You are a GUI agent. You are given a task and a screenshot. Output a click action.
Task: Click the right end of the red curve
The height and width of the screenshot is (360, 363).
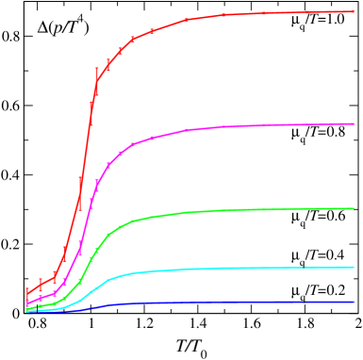pos(354,11)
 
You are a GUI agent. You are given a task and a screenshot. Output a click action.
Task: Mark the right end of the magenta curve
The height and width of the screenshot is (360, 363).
pos(354,123)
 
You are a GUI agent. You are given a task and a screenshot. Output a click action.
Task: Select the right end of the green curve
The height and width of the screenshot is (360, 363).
pos(354,208)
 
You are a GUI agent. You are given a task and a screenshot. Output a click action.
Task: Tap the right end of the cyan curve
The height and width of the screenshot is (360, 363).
pos(354,267)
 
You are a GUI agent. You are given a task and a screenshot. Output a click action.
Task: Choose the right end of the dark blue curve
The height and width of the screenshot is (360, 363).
pos(354,302)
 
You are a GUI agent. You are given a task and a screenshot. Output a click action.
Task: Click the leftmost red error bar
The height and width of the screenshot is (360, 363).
pos(27,292)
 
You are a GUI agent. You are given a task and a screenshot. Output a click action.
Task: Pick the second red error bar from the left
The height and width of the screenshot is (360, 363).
pos(41,283)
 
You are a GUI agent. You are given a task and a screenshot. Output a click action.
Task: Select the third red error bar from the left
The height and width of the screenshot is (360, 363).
pos(55,276)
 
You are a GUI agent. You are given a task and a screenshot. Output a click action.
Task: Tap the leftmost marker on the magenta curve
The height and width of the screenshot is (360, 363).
pos(27,303)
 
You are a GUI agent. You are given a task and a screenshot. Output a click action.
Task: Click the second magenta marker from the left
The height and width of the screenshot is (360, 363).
pos(41,297)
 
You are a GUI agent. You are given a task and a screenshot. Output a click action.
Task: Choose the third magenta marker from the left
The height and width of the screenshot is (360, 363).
pos(55,293)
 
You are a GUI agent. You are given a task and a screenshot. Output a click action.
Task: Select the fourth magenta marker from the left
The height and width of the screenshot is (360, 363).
pos(65,280)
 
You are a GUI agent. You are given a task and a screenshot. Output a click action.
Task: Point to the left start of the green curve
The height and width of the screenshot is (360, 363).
pos(26,308)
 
